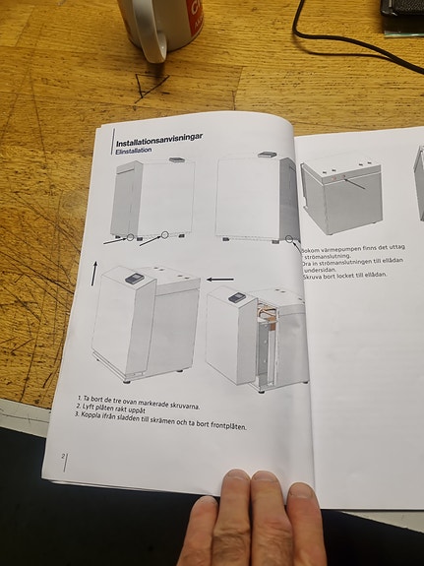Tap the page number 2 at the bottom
pyautogui.click(x=63, y=457)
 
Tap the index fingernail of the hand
pyautogui.click(x=235, y=483)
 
